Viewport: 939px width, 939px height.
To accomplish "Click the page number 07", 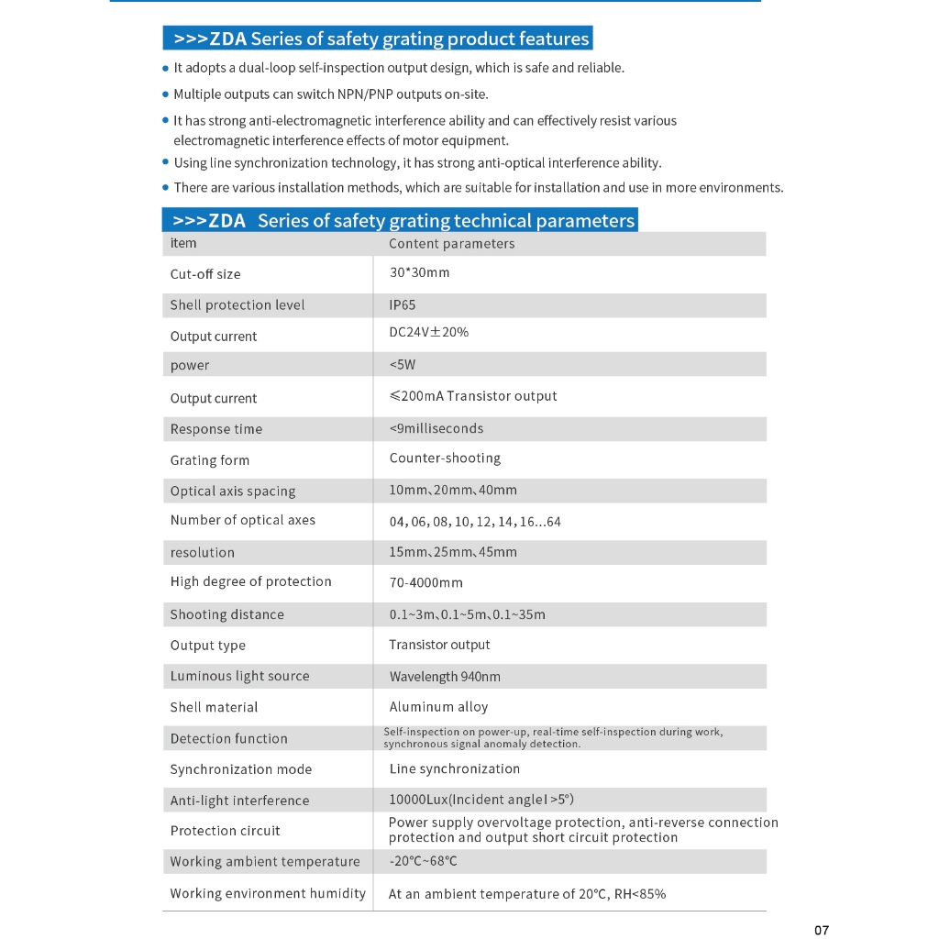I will (821, 930).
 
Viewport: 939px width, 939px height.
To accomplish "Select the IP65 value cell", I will (403, 305).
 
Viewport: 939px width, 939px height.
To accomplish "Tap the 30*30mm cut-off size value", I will (419, 273).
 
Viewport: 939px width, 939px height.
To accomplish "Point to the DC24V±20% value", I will (428, 332).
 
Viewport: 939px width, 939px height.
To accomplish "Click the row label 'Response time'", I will (216, 429).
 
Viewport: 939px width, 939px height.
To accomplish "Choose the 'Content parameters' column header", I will (451, 244).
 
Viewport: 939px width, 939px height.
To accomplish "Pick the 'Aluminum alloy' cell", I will (438, 707).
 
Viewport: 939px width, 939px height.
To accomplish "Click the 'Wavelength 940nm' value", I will (445, 677).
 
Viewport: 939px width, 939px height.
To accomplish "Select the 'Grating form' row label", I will (210, 460).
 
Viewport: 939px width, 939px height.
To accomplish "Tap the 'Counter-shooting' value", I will (445, 458).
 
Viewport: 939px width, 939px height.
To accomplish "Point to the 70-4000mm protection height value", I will (425, 582).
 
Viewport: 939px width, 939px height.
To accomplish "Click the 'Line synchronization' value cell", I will (454, 768).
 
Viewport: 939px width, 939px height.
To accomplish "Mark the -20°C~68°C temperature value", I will (423, 861).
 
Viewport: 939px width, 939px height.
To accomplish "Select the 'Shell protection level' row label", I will (238, 305).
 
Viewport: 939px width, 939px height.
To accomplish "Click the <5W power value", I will (403, 365).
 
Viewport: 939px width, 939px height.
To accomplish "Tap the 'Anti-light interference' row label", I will (240, 801).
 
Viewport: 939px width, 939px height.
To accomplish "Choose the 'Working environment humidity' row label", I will (268, 893).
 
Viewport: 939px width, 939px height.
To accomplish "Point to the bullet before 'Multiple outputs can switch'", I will (166, 94).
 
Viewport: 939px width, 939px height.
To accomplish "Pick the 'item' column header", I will (183, 243).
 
